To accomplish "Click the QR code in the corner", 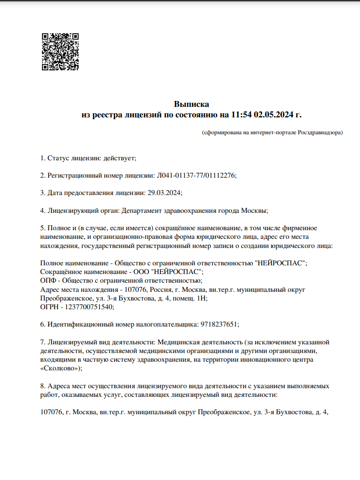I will pyautogui.click(x=60, y=52).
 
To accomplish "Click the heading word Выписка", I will pyautogui.click(x=191, y=104).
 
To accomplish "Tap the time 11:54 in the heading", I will pyautogui.click(x=242, y=115).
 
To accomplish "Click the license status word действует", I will pyautogui.click(x=119, y=158).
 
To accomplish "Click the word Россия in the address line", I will pyautogui.click(x=162, y=290).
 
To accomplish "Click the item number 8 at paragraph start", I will pyautogui.click(x=42, y=386).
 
